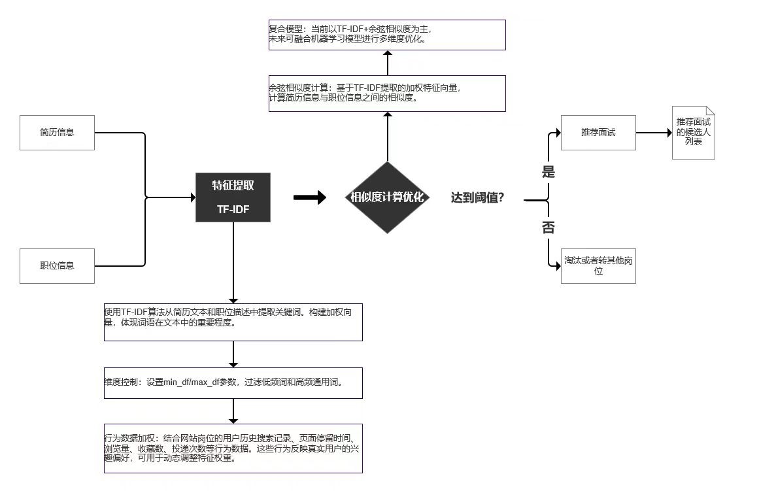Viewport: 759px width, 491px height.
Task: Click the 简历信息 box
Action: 57,133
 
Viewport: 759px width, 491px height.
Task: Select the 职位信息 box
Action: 57,265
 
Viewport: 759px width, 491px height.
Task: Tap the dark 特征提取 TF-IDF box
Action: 233,197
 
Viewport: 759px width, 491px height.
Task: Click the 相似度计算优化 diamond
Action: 387,197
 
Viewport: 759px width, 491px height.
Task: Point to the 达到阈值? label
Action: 477,197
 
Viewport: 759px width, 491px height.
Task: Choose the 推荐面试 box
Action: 598,133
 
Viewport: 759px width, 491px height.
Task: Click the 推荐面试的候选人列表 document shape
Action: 694,133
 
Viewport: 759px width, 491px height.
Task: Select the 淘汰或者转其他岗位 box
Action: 598,265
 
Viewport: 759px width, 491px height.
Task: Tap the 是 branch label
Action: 548,173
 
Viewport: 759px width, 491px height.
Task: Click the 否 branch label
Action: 548,228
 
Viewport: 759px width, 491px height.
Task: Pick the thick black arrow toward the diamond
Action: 309,197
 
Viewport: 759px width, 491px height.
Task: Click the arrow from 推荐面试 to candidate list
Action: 654,133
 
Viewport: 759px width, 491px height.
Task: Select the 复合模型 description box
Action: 387,35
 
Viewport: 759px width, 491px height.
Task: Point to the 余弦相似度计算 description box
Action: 387,93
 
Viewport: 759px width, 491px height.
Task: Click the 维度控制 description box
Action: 233,382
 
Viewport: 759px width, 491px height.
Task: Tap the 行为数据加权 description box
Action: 233,448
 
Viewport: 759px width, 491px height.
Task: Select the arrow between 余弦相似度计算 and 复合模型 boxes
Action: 388,63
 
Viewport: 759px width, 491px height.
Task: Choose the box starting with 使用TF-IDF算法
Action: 233,322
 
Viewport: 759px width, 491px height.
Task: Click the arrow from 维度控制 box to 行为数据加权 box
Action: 233,411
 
